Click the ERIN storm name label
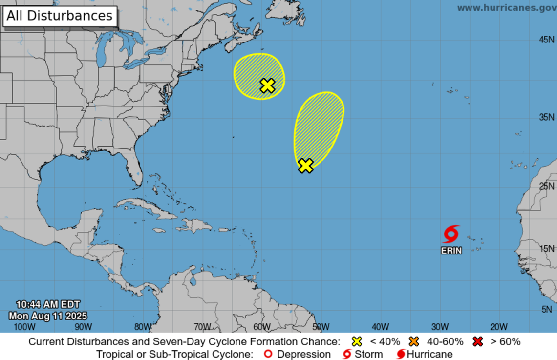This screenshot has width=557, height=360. click(x=451, y=251)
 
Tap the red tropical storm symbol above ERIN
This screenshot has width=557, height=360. click(x=451, y=234)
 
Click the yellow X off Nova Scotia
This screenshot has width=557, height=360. click(x=267, y=85)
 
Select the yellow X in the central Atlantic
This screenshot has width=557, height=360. click(x=305, y=166)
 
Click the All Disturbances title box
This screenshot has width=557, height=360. click(x=60, y=16)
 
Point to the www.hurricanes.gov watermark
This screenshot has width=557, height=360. click(x=506, y=8)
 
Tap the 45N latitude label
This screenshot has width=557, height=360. click(x=546, y=40)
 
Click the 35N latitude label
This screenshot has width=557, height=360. click(x=546, y=117)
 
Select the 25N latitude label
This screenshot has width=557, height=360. click(x=546, y=186)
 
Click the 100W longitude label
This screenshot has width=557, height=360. click(x=24, y=327)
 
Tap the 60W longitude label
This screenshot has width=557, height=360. click(x=262, y=327)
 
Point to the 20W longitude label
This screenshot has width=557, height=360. click(x=499, y=327)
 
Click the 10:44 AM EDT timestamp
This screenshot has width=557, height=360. click(x=48, y=305)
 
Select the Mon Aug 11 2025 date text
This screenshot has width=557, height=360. click(x=48, y=316)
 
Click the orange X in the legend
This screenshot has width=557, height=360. click(x=415, y=341)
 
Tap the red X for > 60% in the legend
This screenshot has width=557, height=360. click(x=478, y=341)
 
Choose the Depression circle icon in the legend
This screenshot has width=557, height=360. click(x=268, y=354)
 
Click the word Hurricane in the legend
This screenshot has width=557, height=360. click(x=429, y=354)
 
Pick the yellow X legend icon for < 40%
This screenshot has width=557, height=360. click(x=357, y=341)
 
